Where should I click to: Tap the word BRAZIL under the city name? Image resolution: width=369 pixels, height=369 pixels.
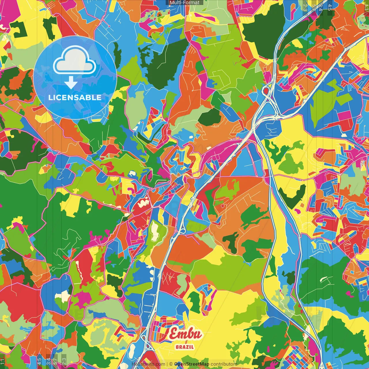pyautogui.click(x=184, y=347)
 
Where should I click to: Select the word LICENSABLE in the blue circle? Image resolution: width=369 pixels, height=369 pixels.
pyautogui.click(x=75, y=97)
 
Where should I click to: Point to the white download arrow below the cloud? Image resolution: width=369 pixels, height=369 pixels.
pyautogui.click(x=71, y=83)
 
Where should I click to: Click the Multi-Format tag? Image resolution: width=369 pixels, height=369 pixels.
pyautogui.click(x=184, y=3)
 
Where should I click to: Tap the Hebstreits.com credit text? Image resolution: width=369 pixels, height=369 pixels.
pyautogui.click(x=148, y=364)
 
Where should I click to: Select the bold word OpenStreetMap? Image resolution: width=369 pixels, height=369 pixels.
pyautogui.click(x=192, y=364)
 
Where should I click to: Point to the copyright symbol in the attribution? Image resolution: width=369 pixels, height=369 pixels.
pyautogui.click(x=171, y=364)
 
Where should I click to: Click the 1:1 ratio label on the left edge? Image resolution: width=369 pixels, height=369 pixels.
pyautogui.click(x=3, y=361)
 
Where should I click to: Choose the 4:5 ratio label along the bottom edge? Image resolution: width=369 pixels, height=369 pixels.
pyautogui.click(x=39, y=361)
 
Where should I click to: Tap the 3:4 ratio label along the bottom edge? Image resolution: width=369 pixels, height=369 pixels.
pyautogui.click(x=48, y=361)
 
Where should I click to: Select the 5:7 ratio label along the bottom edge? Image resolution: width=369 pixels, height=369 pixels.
pyautogui.click(x=56, y=361)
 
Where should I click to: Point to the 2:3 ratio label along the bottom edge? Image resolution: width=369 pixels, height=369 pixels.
pyautogui.click(x=64, y=361)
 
